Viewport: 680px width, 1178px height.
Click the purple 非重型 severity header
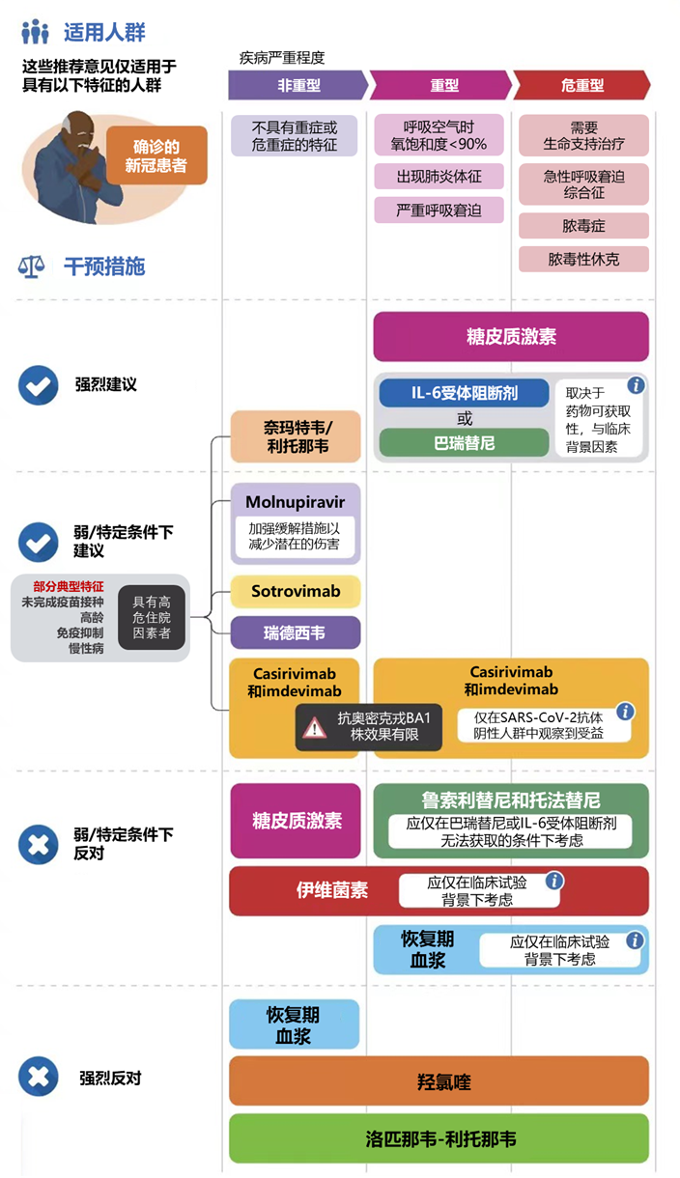tap(298, 85)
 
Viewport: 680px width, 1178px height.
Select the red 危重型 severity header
tap(581, 85)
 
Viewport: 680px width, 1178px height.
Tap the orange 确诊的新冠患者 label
tap(156, 155)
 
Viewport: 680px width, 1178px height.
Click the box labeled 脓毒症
tap(583, 226)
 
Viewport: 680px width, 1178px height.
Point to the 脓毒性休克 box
tap(583, 260)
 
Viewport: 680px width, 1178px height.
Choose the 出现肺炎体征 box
tap(439, 177)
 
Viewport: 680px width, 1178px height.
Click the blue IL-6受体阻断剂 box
tap(465, 393)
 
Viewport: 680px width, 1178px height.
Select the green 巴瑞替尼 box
tap(465, 443)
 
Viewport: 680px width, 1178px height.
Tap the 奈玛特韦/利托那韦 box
tap(297, 436)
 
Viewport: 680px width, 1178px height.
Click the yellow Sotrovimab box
tap(297, 591)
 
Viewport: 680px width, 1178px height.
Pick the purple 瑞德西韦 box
tap(296, 632)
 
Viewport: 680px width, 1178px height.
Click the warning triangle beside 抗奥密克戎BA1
tap(315, 728)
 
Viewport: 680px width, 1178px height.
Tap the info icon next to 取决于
tap(636, 385)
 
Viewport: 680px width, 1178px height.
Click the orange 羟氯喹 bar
tap(439, 1081)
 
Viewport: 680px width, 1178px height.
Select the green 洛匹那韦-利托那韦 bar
tap(439, 1138)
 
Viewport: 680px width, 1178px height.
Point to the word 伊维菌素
tap(332, 890)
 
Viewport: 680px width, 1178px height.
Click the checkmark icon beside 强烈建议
tap(39, 385)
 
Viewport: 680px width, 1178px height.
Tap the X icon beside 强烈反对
tap(39, 1077)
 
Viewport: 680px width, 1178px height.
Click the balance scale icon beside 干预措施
tap(31, 266)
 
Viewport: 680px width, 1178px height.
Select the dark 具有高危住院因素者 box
tap(152, 617)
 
